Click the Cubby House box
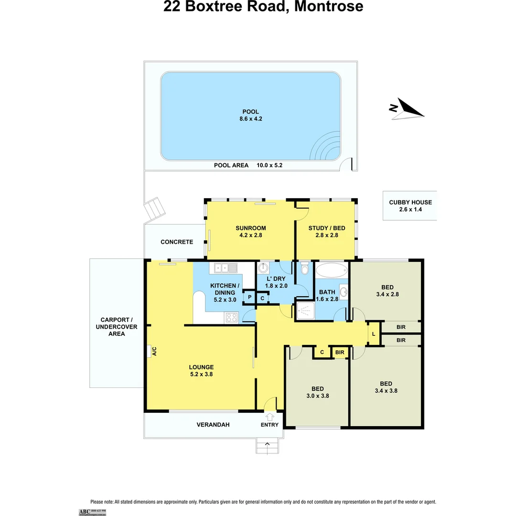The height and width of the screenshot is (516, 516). pos(409,205)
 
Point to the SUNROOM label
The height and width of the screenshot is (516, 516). pos(250,231)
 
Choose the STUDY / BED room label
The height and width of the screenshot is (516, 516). pos(326,231)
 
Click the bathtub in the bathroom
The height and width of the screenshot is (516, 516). pos(331,271)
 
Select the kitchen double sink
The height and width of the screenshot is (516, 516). pos(226,268)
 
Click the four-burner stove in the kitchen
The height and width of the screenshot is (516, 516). pos(232,317)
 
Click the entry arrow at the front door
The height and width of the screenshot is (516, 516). pos(269,417)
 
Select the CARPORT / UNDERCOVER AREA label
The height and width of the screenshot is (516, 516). pos(117,327)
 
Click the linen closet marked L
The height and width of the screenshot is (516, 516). pos(374,334)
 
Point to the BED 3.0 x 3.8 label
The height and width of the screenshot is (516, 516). pos(317,392)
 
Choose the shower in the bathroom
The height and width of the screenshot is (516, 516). pos(304,311)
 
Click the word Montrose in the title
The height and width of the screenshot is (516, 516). pos(328,7)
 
